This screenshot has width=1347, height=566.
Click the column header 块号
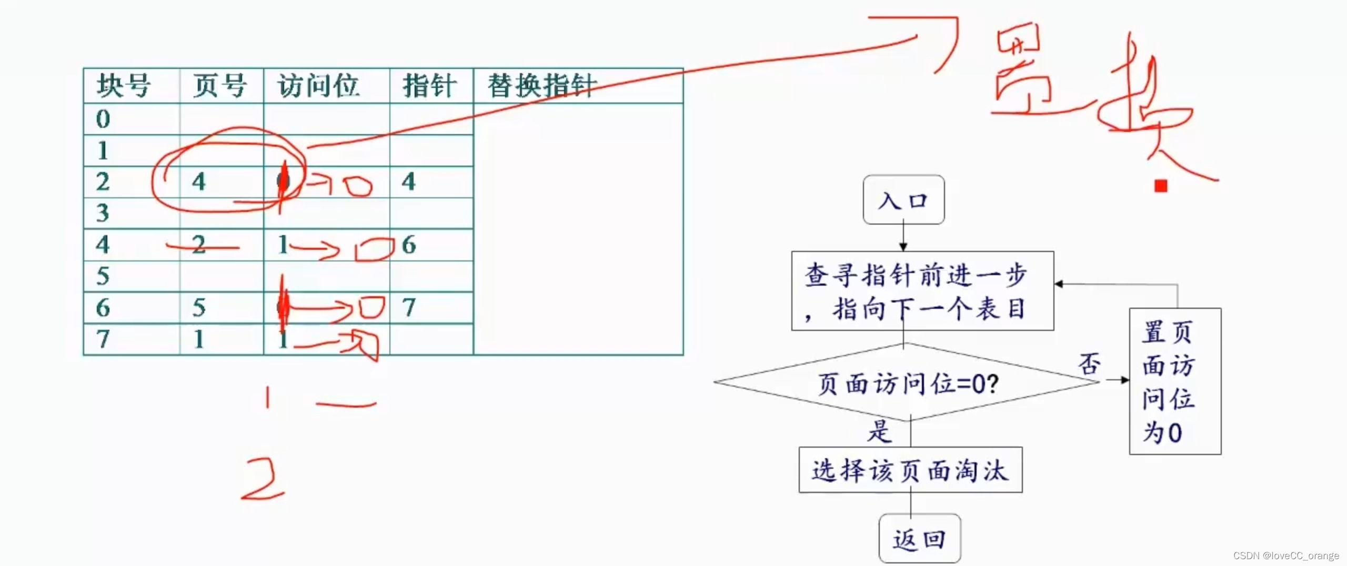(124, 86)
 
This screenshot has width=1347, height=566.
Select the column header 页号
(219, 86)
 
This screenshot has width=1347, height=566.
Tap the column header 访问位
(319, 86)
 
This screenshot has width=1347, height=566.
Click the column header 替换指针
(542, 86)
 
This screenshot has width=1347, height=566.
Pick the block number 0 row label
(103, 119)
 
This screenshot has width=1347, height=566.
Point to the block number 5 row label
(103, 276)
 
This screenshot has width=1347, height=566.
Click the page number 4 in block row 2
(198, 182)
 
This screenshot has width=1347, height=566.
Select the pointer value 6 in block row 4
(409, 245)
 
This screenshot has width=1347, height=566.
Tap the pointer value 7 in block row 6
(409, 308)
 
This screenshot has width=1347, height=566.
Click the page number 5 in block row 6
(198, 308)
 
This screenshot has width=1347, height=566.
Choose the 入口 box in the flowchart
(903, 200)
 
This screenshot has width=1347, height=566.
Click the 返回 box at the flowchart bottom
(919, 539)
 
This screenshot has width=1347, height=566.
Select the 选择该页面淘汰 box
(910, 470)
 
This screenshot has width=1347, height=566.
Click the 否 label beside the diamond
(1089, 363)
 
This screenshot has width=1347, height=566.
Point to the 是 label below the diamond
(879, 432)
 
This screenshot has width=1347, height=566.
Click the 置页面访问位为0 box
(1175, 381)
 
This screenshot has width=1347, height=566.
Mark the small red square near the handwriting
(1161, 186)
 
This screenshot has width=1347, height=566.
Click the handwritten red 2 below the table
(263, 479)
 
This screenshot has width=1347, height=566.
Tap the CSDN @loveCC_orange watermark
(1286, 555)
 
